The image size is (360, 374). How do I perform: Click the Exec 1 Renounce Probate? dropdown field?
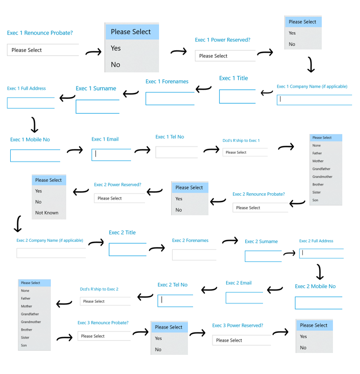pyautogui.click(x=43, y=50)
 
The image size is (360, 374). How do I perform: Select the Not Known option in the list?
pyautogui.click(x=47, y=213)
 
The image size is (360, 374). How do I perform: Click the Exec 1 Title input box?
pyautogui.click(x=237, y=97)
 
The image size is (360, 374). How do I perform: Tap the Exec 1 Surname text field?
pyautogui.click(x=97, y=106)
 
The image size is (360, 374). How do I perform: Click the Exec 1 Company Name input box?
pyautogui.click(x=314, y=100)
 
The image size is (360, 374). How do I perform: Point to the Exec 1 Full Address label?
pyautogui.click(x=27, y=88)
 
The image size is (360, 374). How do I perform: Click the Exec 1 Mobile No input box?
pyautogui.click(x=35, y=156)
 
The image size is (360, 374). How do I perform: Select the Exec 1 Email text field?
pyautogui.click(x=111, y=155)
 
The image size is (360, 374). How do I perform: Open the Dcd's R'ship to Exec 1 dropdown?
pyautogui.click(x=245, y=152)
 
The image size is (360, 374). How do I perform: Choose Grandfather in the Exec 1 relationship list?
pyautogui.click(x=321, y=169)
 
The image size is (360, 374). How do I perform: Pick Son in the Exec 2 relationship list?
pyautogui.click(x=24, y=346)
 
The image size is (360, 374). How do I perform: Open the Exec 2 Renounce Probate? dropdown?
pyautogui.click(x=260, y=207)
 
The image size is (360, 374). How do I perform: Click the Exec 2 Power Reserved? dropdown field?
pyautogui.click(x=119, y=198)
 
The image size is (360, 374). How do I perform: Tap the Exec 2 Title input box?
pyautogui.click(x=128, y=249)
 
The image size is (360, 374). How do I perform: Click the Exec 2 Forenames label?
pyautogui.click(x=190, y=240)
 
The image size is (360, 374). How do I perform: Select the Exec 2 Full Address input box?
pyautogui.click(x=321, y=254)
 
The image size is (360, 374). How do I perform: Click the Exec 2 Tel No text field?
pyautogui.click(x=175, y=301)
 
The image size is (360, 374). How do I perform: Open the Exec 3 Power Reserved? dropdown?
pyautogui.click(x=242, y=340)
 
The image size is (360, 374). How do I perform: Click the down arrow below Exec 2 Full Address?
pyautogui.click(x=319, y=272)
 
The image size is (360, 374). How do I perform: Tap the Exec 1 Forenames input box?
pyautogui.click(x=170, y=99)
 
